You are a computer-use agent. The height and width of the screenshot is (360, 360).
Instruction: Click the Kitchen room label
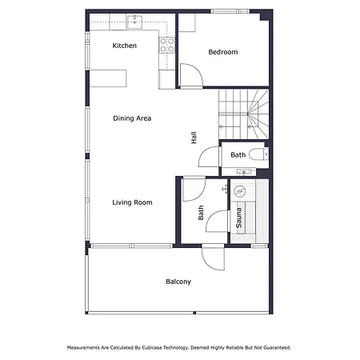tap(125, 46)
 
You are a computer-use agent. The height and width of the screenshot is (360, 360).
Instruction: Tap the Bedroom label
tap(223, 52)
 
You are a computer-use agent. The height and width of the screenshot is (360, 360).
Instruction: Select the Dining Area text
tap(132, 118)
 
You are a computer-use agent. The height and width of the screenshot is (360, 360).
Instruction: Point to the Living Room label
tap(132, 202)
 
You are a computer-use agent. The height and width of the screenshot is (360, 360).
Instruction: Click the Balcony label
tap(178, 282)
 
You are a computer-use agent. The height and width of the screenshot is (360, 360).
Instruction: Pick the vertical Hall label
tap(194, 138)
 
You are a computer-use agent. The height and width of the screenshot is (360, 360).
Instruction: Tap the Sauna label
tap(239, 218)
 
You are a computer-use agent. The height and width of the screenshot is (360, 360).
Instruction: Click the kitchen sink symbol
tap(134, 22)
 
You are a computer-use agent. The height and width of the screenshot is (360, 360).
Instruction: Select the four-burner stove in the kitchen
tap(167, 45)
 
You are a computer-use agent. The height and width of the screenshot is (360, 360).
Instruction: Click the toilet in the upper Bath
tap(258, 154)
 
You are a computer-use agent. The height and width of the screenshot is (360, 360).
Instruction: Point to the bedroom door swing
tap(191, 75)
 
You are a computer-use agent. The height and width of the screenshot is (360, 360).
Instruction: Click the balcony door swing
tap(213, 257)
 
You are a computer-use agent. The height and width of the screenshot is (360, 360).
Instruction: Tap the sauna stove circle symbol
tap(239, 190)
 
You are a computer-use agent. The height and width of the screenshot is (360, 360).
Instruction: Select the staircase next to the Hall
tap(243, 114)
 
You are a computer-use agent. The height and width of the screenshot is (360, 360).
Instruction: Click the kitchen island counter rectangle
tap(108, 78)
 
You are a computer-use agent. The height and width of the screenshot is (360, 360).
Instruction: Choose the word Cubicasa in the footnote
tap(152, 348)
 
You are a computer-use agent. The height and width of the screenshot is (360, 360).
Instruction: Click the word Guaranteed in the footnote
tap(277, 348)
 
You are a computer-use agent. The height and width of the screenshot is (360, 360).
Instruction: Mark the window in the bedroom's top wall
tap(230, 11)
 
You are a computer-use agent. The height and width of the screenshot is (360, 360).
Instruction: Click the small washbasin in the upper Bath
tap(244, 171)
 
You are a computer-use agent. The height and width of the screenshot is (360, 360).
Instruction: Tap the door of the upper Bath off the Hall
tap(209, 158)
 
